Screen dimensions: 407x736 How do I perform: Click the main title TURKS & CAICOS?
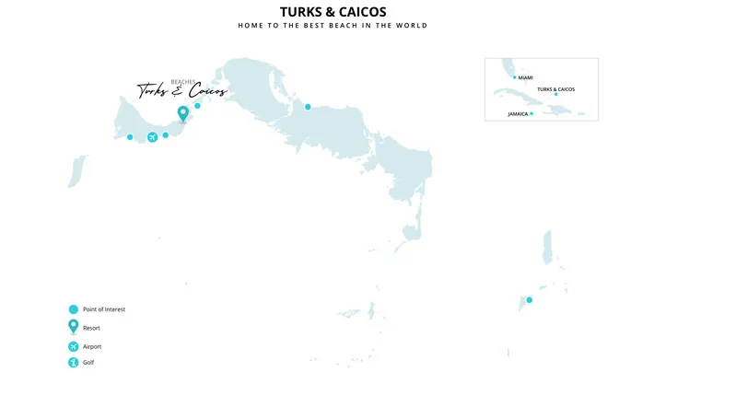333,12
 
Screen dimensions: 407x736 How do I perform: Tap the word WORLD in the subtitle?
412,26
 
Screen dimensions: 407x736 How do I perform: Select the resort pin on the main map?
182,114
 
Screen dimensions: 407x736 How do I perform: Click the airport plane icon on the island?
152,137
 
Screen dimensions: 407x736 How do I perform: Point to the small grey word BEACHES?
182,82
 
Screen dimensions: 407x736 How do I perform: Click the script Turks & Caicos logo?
181,91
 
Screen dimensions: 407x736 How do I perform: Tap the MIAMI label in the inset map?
526,77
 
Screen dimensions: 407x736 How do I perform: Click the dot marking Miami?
515,77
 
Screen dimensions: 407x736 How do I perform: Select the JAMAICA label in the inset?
518,114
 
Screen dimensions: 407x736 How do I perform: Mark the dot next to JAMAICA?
532,113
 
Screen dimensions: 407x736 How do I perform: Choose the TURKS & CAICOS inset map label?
555,89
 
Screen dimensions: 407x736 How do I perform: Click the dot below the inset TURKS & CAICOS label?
555,94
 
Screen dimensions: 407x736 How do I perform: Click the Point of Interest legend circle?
73,309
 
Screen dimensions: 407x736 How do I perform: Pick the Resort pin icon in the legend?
73,327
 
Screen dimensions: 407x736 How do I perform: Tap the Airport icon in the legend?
73,346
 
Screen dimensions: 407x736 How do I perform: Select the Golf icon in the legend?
73,363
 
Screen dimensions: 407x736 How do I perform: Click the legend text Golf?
88,363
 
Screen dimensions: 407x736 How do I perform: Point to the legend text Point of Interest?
104,309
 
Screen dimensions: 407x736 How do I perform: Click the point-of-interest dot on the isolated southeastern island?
529,300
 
